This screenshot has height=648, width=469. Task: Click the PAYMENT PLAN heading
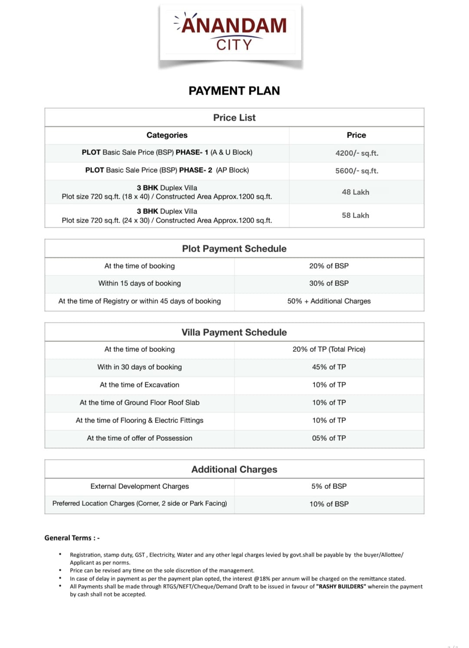pos(234,91)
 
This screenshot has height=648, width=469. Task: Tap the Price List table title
pos(234,118)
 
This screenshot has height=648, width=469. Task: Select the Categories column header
pos(167,135)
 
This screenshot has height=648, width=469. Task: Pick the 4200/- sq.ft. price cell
pos(357,153)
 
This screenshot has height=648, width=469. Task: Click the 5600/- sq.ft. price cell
pos(357,171)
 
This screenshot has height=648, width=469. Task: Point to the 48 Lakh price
pos(355,192)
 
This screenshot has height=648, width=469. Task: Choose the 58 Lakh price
pos(355,216)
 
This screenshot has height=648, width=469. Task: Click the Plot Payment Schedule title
pos(234,249)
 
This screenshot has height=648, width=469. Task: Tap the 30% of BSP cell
pos(329,283)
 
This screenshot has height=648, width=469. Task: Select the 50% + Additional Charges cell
pos(329,301)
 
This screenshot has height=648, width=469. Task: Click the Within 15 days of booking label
pos(139,283)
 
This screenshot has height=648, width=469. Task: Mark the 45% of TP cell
pos(329,367)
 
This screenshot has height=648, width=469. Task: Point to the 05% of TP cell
pos(329,438)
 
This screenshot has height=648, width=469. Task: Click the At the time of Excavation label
pos(139,385)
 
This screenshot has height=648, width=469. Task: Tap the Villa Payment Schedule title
pos(234,332)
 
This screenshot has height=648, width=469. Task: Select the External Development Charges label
pos(139,486)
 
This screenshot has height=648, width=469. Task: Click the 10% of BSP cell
pos(329,504)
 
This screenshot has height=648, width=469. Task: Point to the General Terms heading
pos(72,538)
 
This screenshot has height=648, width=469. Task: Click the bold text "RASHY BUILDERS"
pos(341,586)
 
